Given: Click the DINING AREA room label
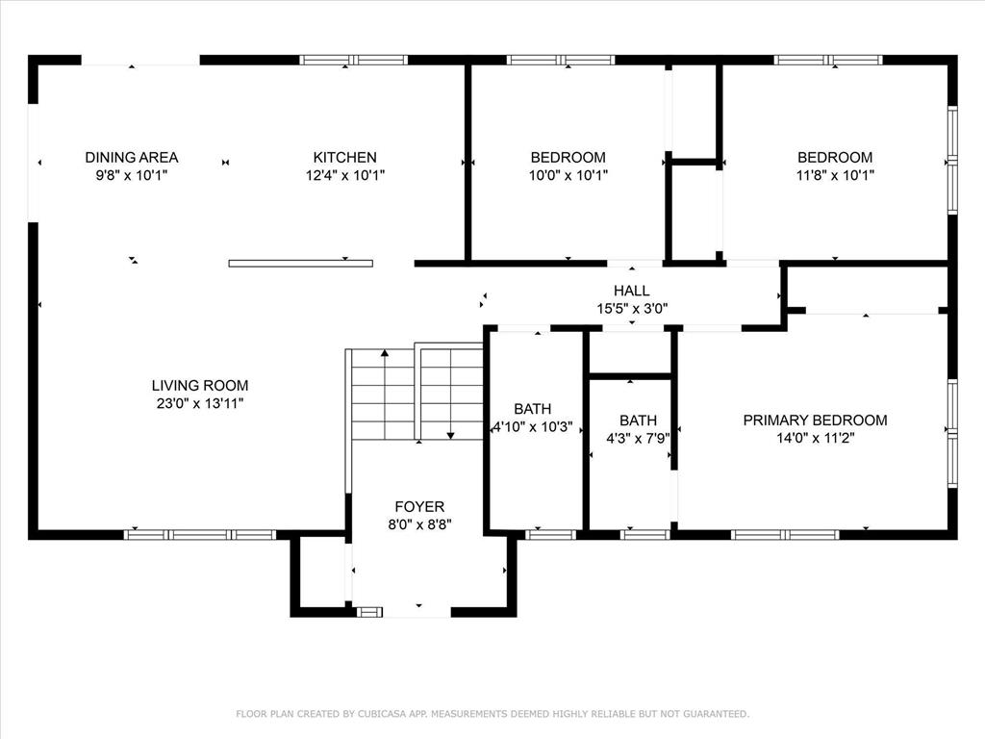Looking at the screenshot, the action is [x=131, y=157].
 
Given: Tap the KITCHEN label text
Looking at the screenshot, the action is [x=345, y=157].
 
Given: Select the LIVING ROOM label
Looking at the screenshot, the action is [x=200, y=385].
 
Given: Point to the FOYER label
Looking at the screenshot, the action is [x=419, y=506].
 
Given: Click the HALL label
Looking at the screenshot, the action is [x=631, y=291].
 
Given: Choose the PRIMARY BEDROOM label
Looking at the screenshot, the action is [x=815, y=420].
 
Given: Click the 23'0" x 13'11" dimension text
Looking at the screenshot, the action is [x=200, y=403].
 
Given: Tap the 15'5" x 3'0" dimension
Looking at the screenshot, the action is [x=631, y=308].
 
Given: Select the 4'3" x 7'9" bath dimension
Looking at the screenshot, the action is [x=639, y=438].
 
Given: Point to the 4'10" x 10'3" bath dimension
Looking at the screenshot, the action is [x=533, y=426].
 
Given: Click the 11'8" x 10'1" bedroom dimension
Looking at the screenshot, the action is [x=835, y=175].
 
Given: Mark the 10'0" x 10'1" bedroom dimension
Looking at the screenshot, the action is [x=568, y=175].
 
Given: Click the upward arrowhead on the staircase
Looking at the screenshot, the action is [x=385, y=353].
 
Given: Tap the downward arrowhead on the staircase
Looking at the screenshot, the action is [x=450, y=436].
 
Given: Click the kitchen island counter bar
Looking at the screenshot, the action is [x=300, y=264].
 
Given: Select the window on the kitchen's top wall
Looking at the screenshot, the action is [x=354, y=61].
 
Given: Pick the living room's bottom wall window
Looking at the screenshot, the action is [x=200, y=535].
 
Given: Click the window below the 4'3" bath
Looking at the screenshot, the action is [x=645, y=535].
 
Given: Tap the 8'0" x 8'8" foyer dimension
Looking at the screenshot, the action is [x=419, y=524].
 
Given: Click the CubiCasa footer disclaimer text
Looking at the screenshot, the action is [x=492, y=714].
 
